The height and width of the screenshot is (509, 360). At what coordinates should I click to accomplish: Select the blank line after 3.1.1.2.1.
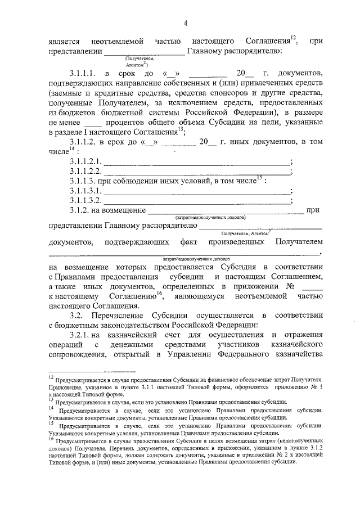point(197,162)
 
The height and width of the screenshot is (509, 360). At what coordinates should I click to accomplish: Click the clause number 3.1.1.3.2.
point(85,200)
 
